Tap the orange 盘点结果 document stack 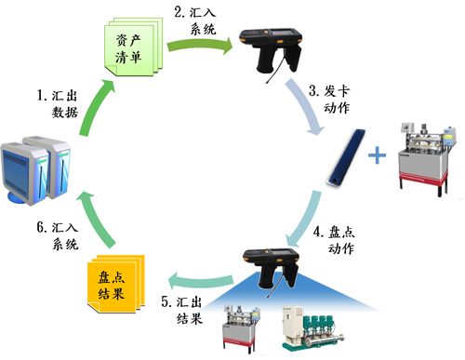pyautogui.click(x=114, y=278)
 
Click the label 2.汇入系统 pyautogui.click(x=195, y=21)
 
